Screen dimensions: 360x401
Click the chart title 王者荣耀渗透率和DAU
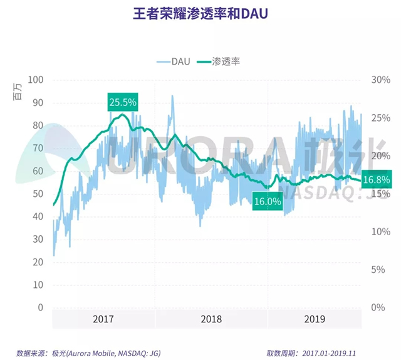pyautogui.click(x=200, y=14)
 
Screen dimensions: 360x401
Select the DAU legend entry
pyautogui.click(x=175, y=61)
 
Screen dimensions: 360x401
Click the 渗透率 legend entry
pyautogui.click(x=220, y=61)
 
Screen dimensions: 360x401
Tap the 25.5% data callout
pyautogui.click(x=122, y=102)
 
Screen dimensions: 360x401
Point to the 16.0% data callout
pyautogui.click(x=267, y=201)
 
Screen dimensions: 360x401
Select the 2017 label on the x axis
pyautogui.click(x=103, y=319)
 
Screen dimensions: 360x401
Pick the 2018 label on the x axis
pyautogui.click(x=211, y=319)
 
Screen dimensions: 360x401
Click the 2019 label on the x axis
pyautogui.click(x=314, y=319)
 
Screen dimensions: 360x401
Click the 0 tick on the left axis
pyautogui.click(x=40, y=307)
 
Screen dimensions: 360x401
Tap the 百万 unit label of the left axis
pyautogui.click(x=18, y=94)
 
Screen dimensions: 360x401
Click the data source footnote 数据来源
pyautogui.click(x=88, y=353)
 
